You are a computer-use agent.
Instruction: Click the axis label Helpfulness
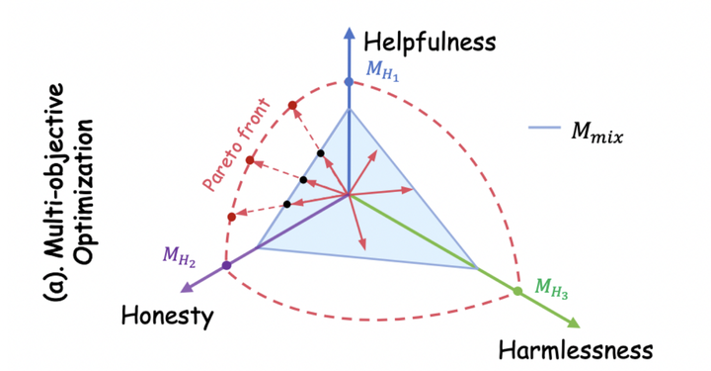click(x=428, y=42)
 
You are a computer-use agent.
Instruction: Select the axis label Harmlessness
click(x=576, y=350)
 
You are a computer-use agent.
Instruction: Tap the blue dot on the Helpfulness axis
click(x=349, y=81)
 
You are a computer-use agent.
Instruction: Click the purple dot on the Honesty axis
click(x=227, y=265)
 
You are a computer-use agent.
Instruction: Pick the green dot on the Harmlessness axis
click(x=517, y=291)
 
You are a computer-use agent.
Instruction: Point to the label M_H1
click(x=383, y=69)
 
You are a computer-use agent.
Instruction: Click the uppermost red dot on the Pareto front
click(x=292, y=105)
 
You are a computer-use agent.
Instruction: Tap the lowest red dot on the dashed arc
click(x=231, y=217)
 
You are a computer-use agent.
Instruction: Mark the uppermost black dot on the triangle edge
click(x=321, y=153)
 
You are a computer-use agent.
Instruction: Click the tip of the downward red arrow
click(x=363, y=247)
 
